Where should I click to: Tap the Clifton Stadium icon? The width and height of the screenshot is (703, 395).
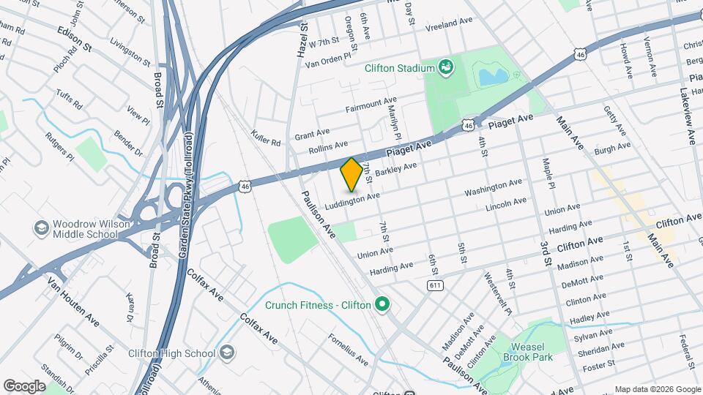pyautogui.click(x=445, y=68)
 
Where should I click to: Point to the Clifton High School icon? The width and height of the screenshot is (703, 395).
pyautogui.click(x=227, y=353)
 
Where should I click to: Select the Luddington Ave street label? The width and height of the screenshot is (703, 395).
pyautogui.click(x=354, y=199)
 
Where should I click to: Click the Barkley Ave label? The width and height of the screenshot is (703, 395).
pyautogui.click(x=395, y=170)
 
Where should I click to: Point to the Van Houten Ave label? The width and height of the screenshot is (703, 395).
pyautogui.click(x=73, y=301)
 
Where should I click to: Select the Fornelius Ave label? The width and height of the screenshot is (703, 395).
pyautogui.click(x=348, y=350)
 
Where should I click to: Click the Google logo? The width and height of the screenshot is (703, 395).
pyautogui.click(x=24, y=385)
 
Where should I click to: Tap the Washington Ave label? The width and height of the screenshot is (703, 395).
pyautogui.click(x=494, y=188)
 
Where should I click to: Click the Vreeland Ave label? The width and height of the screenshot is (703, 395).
pyautogui.click(x=450, y=23)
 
